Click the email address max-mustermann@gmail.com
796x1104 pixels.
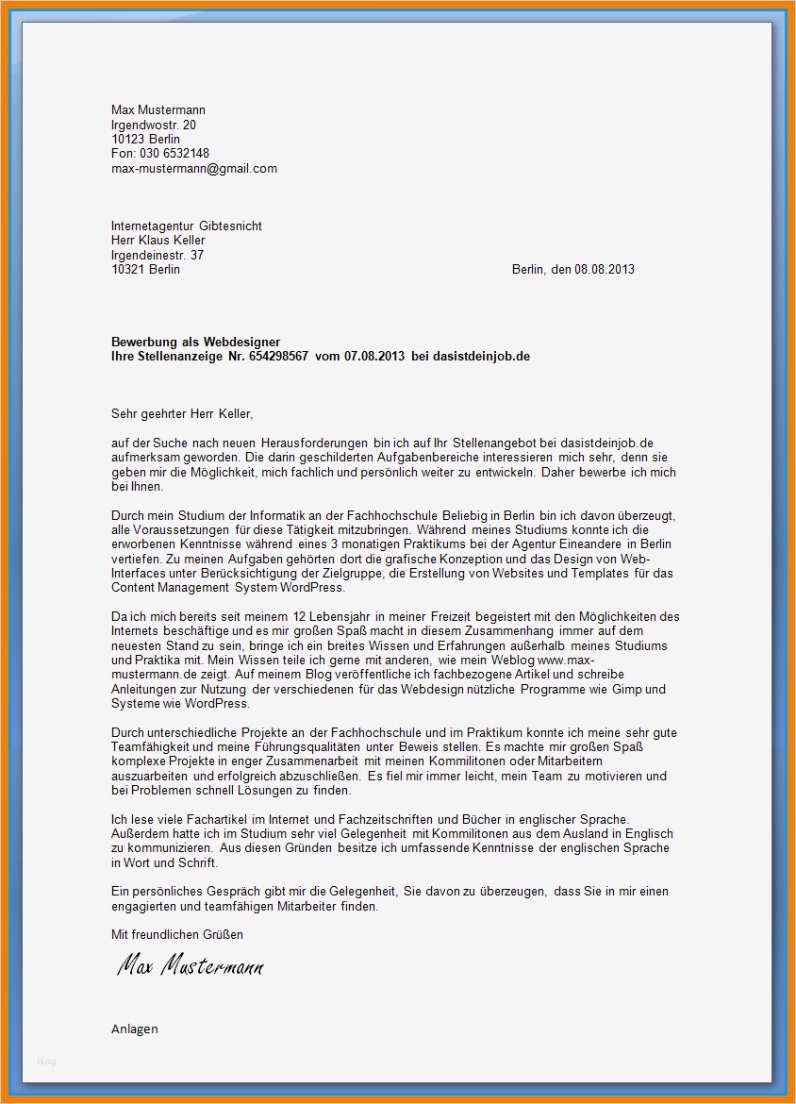pyautogui.click(x=194, y=168)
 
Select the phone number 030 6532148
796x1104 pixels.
pyautogui.click(x=174, y=154)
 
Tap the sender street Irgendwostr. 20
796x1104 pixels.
pyautogui.click(x=154, y=125)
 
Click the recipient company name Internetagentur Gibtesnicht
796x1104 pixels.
pyautogui.click(x=187, y=226)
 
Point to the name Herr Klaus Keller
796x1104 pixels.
pyautogui.click(x=158, y=241)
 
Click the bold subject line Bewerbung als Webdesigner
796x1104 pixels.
pyautogui.click(x=195, y=342)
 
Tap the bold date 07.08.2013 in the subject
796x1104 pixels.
pyautogui.click(x=374, y=356)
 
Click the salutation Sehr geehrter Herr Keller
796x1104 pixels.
pyautogui.click(x=182, y=413)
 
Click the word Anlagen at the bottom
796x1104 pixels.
pyautogui.click(x=135, y=1029)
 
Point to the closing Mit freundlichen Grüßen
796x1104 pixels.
pyautogui.click(x=177, y=934)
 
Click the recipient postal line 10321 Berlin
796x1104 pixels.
pyautogui.click(x=145, y=270)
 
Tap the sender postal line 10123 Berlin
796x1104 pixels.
pyautogui.click(x=145, y=139)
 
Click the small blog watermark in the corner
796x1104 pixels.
pyautogui.click(x=46, y=1062)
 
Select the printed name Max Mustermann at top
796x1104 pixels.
pyautogui.click(x=158, y=110)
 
